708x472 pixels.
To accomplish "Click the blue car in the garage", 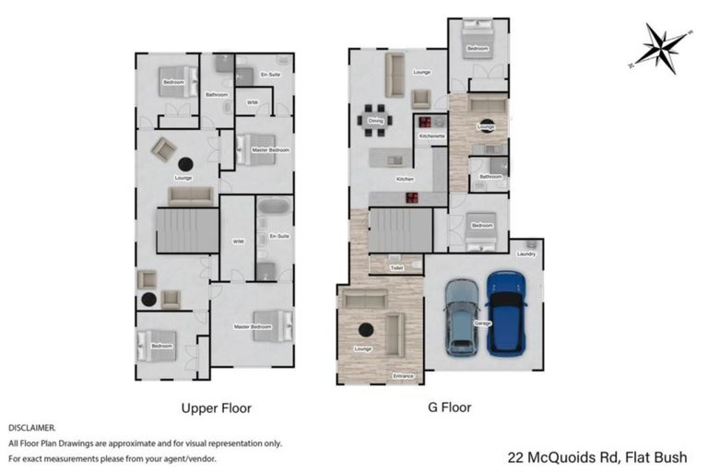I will coord(506,313).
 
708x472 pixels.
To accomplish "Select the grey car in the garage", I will coord(462,317).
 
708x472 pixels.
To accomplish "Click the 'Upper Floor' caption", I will coord(216,407).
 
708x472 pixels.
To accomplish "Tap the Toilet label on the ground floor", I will coord(396,267).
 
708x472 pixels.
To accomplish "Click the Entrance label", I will coord(404,376).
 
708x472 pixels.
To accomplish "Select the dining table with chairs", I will coord(376,120).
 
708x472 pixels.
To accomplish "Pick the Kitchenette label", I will coord(431,136).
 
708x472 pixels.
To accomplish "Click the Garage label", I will coord(482,324).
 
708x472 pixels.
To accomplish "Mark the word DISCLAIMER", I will coord(32,429).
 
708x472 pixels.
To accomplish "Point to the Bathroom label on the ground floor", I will coord(490,177).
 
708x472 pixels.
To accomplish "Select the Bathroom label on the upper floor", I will coord(217,94).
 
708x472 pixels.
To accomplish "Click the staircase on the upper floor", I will coord(187,230).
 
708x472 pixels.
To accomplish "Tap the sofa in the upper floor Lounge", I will coord(191,196).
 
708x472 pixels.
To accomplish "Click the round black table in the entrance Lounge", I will coord(366,329).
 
